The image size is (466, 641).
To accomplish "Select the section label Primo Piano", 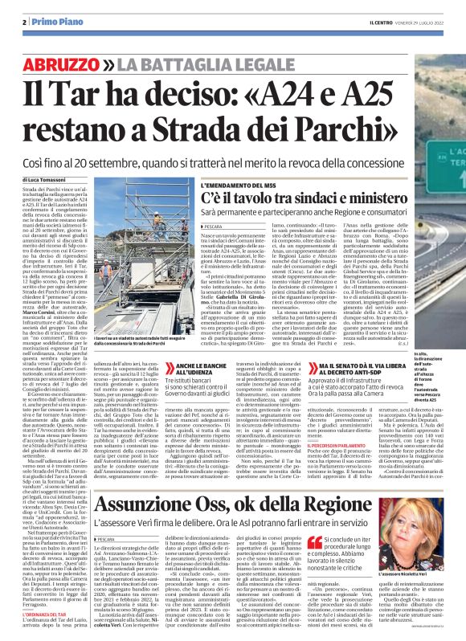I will (x=42, y=22).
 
